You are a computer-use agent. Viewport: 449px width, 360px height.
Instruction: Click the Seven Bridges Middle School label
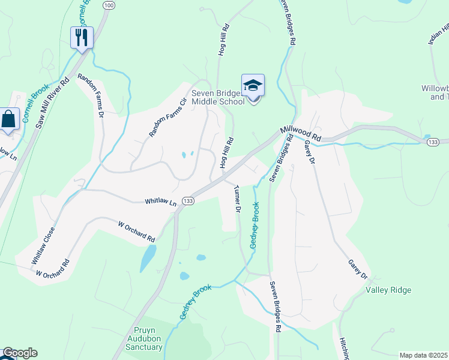(218, 97)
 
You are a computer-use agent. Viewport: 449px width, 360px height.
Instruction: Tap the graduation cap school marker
(253, 86)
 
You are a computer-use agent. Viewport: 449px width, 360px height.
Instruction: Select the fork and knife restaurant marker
(81, 38)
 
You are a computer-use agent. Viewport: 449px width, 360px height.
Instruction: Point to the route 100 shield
(108, 5)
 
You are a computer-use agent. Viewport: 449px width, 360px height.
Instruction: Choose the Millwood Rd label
(301, 134)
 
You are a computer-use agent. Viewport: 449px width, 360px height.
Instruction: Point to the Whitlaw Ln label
(161, 203)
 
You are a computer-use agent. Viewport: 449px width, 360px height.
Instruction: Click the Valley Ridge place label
(388, 290)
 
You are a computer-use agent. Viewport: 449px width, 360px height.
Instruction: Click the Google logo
(19, 353)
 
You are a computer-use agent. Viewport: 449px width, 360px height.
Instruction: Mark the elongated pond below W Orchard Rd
(146, 258)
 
